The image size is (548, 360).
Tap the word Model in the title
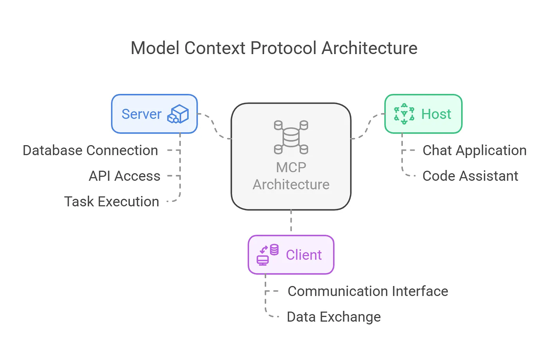click(155, 48)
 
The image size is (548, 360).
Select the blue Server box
click(154, 114)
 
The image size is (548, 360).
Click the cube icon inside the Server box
click(178, 114)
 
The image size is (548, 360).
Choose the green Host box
click(423, 114)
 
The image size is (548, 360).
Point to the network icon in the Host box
click(404, 114)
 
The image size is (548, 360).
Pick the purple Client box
click(291, 255)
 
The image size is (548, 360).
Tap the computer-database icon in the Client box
click(267, 255)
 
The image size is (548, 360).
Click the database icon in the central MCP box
click(291, 137)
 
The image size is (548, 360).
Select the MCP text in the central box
click(291, 167)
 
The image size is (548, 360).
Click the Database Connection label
click(90, 150)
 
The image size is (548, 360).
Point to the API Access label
click(124, 176)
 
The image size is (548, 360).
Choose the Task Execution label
click(112, 202)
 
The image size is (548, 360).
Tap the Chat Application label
click(474, 150)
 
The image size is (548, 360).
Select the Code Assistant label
click(470, 176)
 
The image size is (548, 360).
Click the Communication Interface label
click(368, 291)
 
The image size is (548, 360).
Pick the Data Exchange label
click(333, 317)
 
